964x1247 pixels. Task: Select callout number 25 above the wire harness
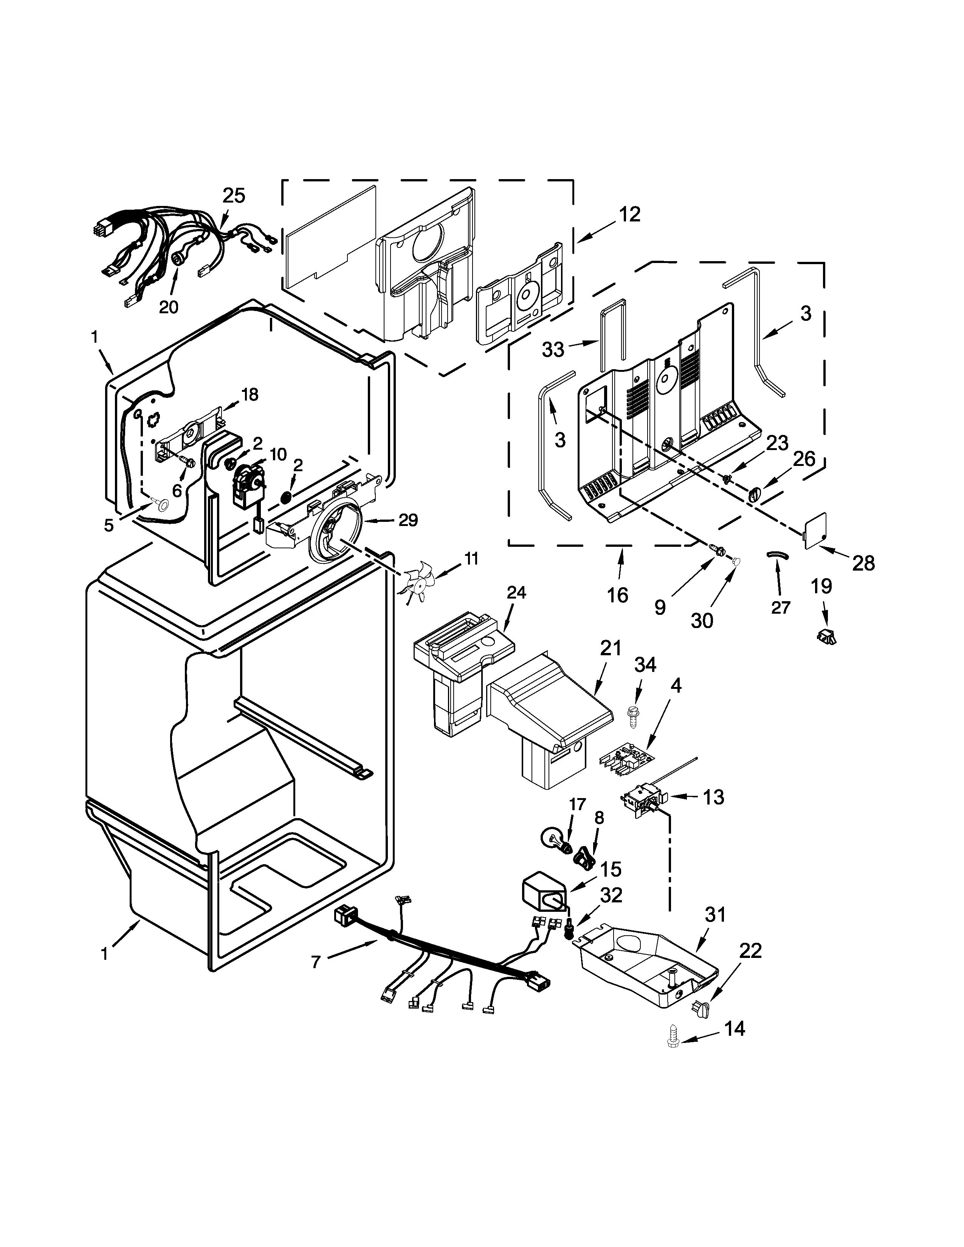pyautogui.click(x=234, y=195)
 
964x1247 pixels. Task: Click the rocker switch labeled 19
pyautogui.click(x=826, y=636)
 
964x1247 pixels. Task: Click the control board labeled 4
pyautogui.click(x=626, y=760)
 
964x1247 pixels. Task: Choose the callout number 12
pyautogui.click(x=629, y=215)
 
